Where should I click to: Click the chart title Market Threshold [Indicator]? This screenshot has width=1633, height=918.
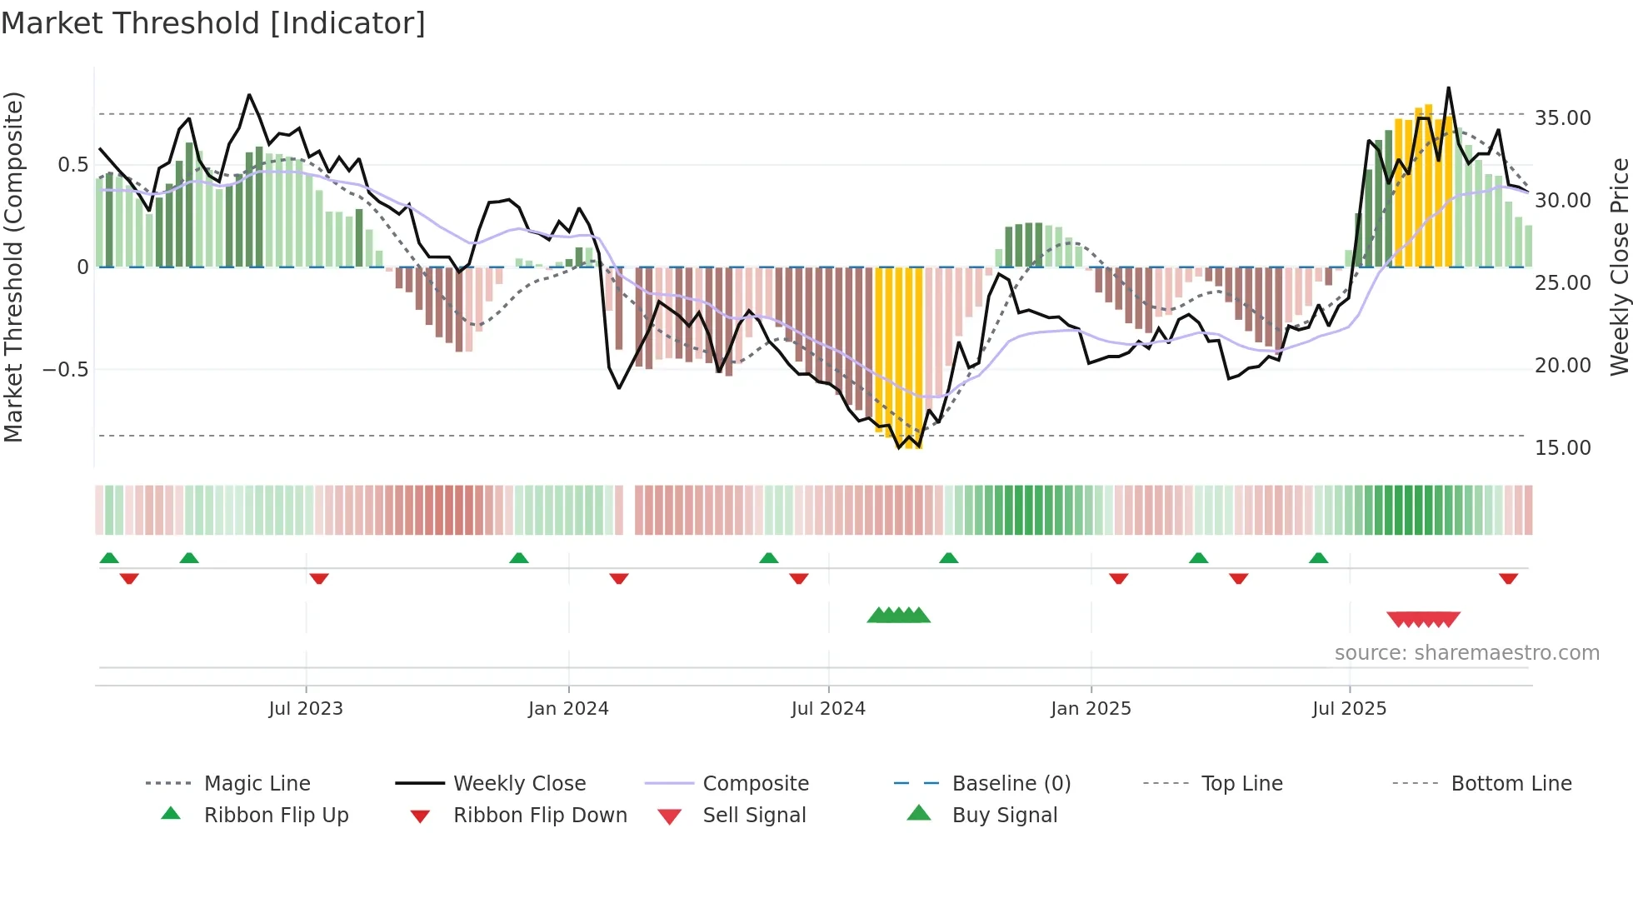tap(213, 23)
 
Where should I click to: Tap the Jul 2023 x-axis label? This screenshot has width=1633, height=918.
tap(306, 709)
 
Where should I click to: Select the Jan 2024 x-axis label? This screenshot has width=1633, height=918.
tap(568, 709)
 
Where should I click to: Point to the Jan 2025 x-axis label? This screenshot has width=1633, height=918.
tap(1091, 709)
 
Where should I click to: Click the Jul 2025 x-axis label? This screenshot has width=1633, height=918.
tap(1349, 709)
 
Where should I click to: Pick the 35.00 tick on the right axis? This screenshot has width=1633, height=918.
tap(1562, 118)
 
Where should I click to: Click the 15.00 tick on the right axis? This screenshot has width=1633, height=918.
tap(1562, 448)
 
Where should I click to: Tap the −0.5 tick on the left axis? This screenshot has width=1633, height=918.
tap(66, 369)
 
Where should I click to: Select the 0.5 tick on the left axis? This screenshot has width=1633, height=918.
tap(72, 165)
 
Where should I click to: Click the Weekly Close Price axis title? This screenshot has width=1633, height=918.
tap(1619, 267)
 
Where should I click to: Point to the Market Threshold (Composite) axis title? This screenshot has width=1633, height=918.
tap(13, 267)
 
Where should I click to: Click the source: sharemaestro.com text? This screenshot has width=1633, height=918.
tap(1466, 653)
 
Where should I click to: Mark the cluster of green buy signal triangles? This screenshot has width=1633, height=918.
tap(898, 616)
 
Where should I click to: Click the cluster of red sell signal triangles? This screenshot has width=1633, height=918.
tap(1423, 619)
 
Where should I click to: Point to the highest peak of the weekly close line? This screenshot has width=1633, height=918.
tap(1448, 87)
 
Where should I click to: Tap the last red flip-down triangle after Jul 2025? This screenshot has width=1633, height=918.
tap(1508, 578)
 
